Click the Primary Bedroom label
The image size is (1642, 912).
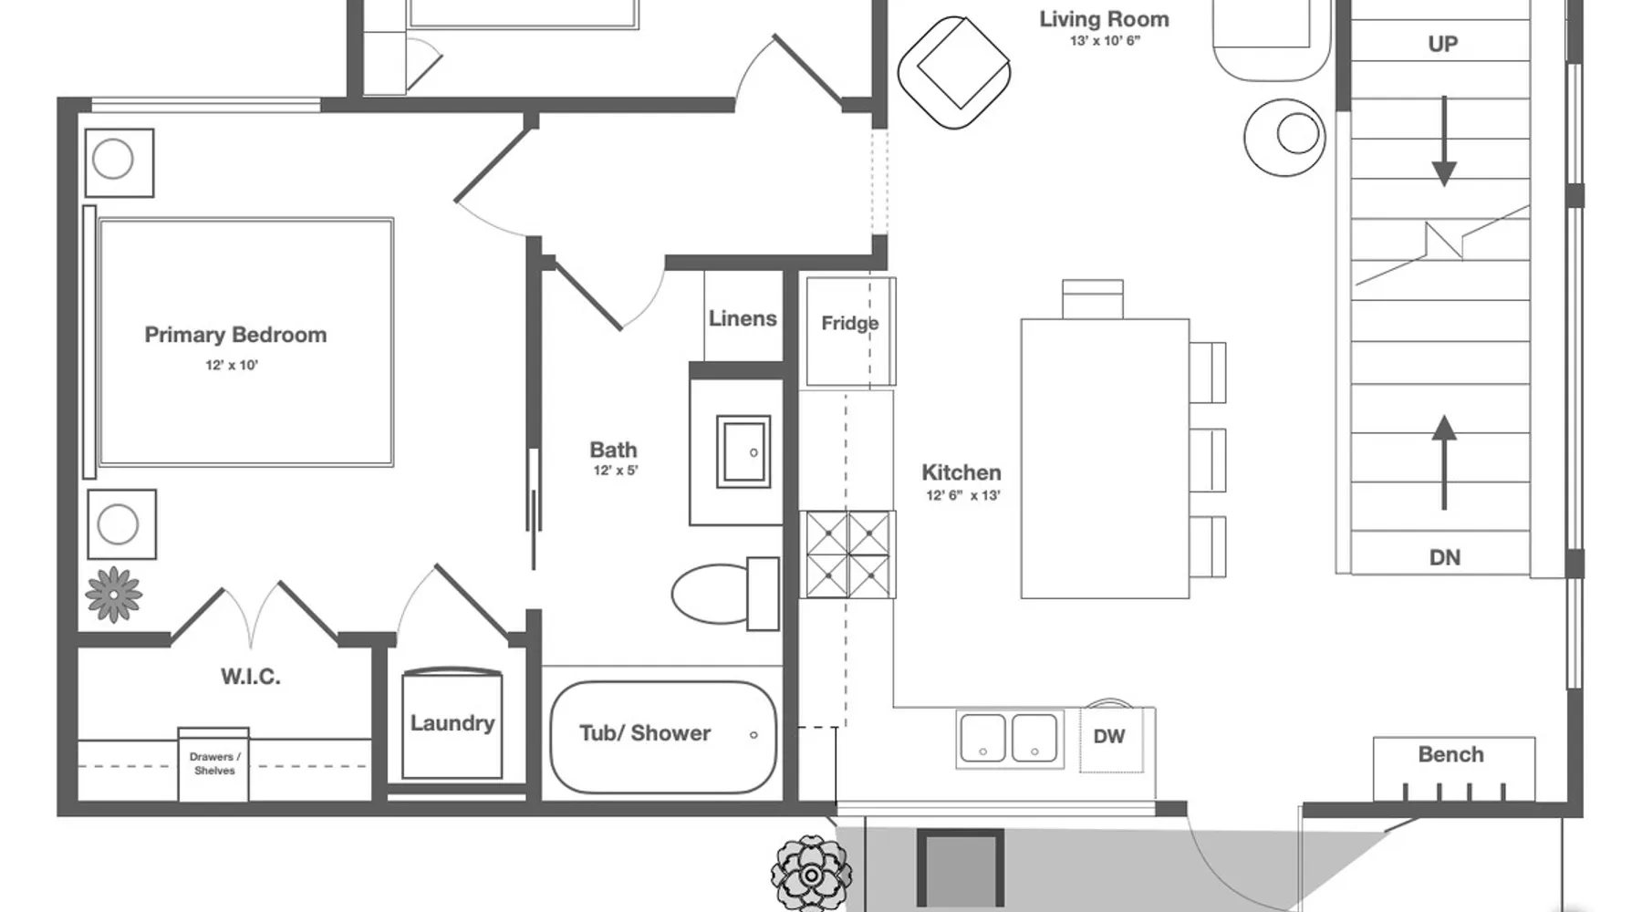click(x=235, y=335)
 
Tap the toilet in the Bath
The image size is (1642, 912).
click(x=725, y=594)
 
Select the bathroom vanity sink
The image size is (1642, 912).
click(x=743, y=451)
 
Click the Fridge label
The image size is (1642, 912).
click(x=849, y=323)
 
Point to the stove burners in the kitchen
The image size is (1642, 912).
click(x=848, y=554)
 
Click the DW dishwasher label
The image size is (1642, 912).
click(x=1109, y=736)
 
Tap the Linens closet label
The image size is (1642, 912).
click(x=743, y=318)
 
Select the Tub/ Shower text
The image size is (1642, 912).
click(x=645, y=733)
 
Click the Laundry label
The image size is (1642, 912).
click(x=452, y=723)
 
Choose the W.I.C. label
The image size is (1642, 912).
click(x=251, y=677)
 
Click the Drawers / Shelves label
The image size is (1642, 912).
click(x=214, y=763)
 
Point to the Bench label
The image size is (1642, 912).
click(x=1450, y=754)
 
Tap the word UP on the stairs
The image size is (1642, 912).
click(x=1443, y=44)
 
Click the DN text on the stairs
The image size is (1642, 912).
click(x=1445, y=557)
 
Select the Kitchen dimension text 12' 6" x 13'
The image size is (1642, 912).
click(x=963, y=495)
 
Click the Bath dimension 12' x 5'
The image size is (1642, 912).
click(x=616, y=471)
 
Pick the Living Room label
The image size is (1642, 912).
click(x=1104, y=19)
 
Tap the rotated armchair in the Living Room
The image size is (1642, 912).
click(x=954, y=72)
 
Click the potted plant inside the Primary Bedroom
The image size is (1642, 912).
click(x=114, y=595)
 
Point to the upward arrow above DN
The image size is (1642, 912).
click(x=1444, y=462)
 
